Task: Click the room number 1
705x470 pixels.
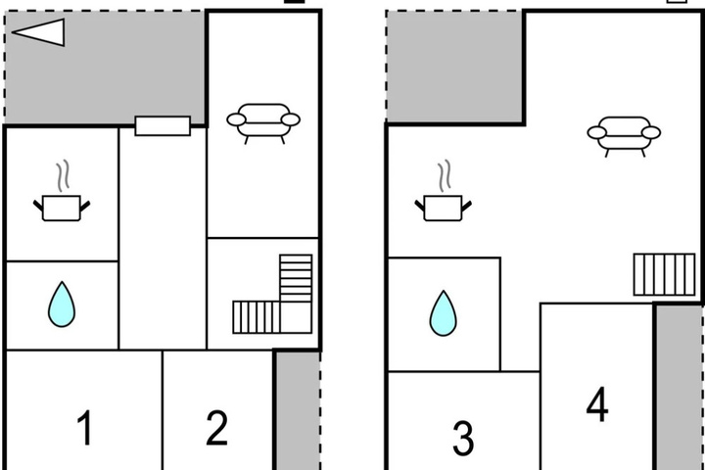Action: pyautogui.click(x=85, y=427)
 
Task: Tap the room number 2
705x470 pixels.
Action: pyautogui.click(x=216, y=428)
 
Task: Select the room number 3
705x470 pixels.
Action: pyautogui.click(x=463, y=438)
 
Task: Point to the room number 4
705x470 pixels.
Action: pyautogui.click(x=597, y=404)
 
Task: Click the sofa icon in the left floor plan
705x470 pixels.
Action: pyautogui.click(x=263, y=123)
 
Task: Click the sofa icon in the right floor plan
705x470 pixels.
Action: pyautogui.click(x=624, y=136)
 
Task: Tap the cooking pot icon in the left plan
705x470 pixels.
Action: pyautogui.click(x=62, y=208)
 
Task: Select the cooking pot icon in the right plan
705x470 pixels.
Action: pyautogui.click(x=443, y=208)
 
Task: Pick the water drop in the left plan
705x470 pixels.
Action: pyautogui.click(x=62, y=305)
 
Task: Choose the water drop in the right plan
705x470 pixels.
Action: pyautogui.click(x=444, y=313)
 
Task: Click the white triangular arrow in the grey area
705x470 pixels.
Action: pyautogui.click(x=38, y=32)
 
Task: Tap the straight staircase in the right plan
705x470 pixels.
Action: pyautogui.click(x=665, y=274)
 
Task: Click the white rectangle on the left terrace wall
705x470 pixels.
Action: pyautogui.click(x=163, y=126)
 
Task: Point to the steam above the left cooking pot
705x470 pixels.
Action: pyautogui.click(x=63, y=175)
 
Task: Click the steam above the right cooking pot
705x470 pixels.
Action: pyautogui.click(x=445, y=175)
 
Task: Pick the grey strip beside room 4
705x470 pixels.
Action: pyautogui.click(x=679, y=388)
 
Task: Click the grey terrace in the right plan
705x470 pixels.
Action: pyautogui.click(x=454, y=67)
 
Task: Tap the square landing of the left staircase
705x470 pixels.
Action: pyautogui.click(x=296, y=317)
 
